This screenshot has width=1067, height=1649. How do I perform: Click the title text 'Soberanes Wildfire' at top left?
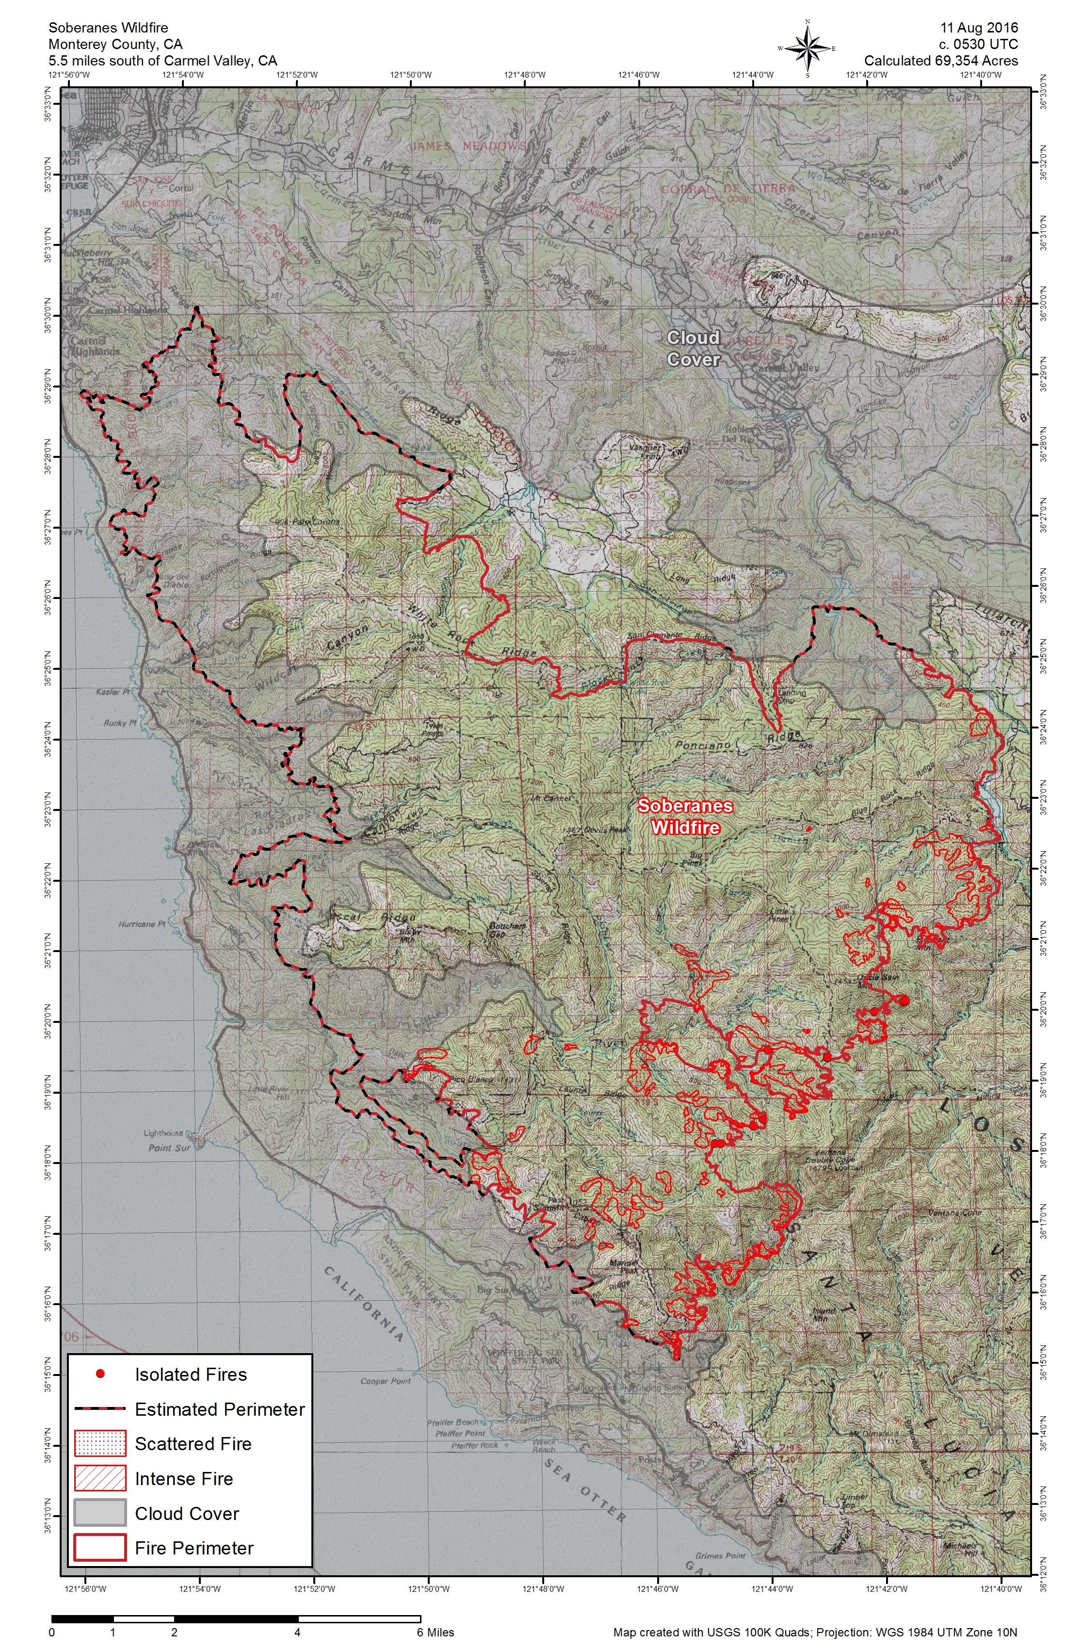(x=108, y=28)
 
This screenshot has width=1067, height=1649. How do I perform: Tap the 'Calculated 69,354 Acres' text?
(x=941, y=61)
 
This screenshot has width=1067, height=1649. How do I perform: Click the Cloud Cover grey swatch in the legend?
(x=100, y=1513)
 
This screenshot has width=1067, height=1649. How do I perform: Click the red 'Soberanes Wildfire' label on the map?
(x=684, y=816)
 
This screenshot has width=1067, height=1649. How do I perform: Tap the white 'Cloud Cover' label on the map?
(x=693, y=349)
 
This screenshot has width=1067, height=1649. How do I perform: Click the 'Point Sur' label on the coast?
(x=169, y=1148)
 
